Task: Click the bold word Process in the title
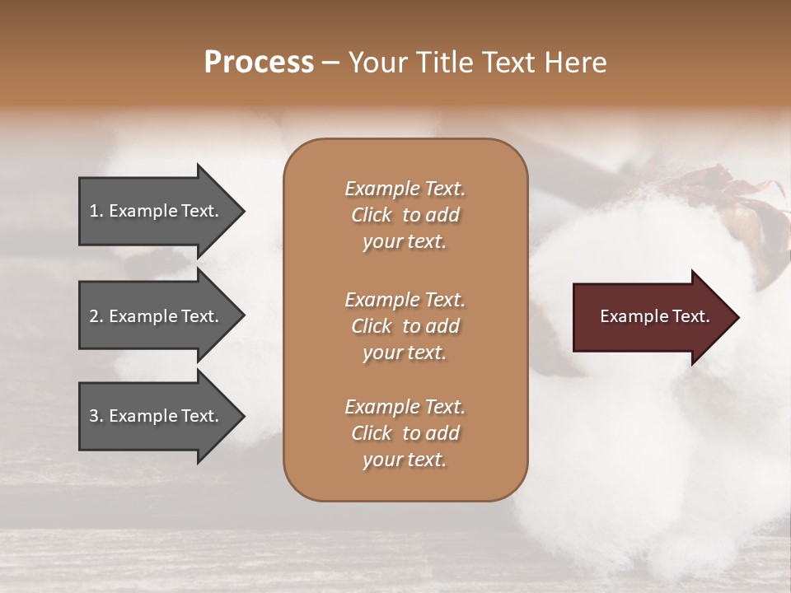(x=259, y=62)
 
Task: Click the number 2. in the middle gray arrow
(x=96, y=316)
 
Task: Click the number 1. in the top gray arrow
(x=96, y=211)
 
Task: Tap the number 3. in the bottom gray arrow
(x=96, y=416)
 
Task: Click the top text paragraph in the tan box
(x=405, y=215)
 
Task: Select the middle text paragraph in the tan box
(x=405, y=326)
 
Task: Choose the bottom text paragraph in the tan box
(x=405, y=433)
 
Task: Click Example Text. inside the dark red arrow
(x=654, y=316)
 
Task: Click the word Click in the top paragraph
(x=371, y=215)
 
